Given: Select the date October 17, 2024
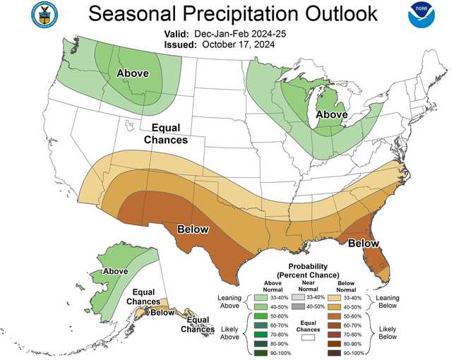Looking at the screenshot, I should (238, 44).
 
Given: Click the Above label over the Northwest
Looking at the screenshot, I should (133, 73).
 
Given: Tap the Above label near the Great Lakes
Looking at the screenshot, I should (331, 114).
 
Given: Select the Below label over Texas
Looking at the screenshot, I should (193, 229).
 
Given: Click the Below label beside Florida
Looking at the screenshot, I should (364, 243).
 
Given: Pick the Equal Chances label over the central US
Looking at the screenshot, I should (166, 133).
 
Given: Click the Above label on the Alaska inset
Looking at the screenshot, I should (114, 270).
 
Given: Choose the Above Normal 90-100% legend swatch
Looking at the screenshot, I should (261, 352).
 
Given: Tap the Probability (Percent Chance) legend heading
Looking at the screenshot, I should (307, 270).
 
